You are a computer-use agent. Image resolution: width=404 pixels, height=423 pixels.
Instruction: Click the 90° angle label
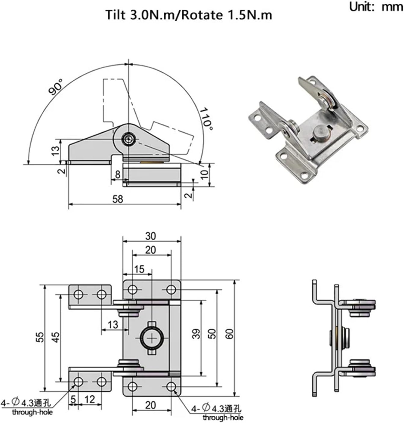(56, 87)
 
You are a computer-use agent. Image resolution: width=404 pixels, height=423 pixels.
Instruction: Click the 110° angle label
(207, 119)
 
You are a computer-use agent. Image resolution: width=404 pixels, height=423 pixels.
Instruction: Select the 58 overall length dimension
(118, 199)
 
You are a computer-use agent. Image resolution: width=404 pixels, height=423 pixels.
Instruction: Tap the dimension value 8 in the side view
(118, 174)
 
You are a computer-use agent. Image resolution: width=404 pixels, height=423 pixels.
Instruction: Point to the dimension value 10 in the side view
(205, 174)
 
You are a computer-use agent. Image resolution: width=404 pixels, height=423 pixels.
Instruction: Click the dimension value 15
(139, 269)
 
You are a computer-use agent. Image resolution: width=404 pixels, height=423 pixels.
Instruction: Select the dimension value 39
(196, 334)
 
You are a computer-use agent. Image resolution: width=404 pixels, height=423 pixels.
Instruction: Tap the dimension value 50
(212, 334)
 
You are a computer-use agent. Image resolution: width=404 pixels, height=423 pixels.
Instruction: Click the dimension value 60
(230, 334)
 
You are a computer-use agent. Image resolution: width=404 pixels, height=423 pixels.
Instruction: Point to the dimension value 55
(40, 337)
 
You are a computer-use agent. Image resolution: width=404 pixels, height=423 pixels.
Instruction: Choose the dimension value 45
(56, 337)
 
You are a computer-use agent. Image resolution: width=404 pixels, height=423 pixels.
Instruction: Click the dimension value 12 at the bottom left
(90, 400)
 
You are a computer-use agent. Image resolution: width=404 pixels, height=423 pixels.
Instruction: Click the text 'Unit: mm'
(376, 7)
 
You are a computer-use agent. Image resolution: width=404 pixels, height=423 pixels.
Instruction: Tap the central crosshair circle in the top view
(152, 338)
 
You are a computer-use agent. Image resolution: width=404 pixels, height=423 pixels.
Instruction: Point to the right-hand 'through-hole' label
(223, 417)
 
